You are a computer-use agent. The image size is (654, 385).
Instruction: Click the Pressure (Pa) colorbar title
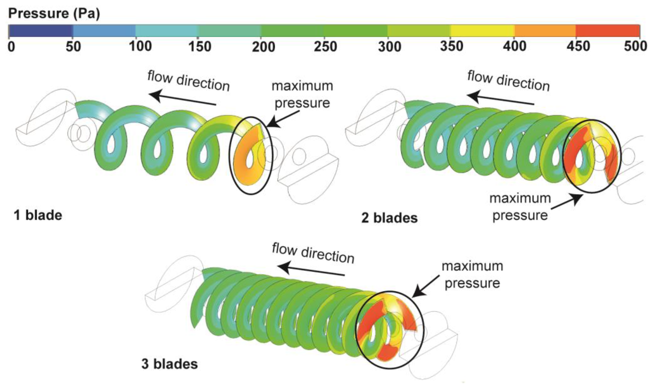(x=54, y=14)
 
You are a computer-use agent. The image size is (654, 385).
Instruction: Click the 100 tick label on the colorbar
(x=140, y=47)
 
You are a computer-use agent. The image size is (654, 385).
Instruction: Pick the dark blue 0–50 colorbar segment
(x=41, y=31)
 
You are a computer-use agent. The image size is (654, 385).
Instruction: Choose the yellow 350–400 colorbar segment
(x=482, y=31)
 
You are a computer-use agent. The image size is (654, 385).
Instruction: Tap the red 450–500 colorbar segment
(x=608, y=31)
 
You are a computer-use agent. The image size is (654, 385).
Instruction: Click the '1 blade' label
(x=38, y=216)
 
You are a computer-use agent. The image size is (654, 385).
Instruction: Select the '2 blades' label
(x=389, y=218)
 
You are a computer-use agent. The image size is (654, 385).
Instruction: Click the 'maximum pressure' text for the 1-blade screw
(x=302, y=94)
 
